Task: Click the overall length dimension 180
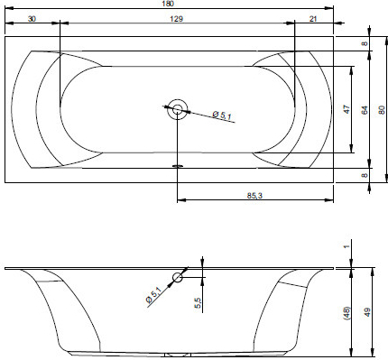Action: coord(170,4)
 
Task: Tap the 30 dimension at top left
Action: coord(32,19)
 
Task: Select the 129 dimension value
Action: coord(176,19)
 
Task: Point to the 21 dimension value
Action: coord(313,19)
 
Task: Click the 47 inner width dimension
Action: coord(346,109)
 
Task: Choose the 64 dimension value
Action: coord(365,110)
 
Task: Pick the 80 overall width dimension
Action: coord(382,110)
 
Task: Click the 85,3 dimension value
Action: coord(254,196)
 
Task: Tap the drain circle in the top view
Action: coord(178,109)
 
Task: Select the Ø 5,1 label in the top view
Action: coord(222,115)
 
